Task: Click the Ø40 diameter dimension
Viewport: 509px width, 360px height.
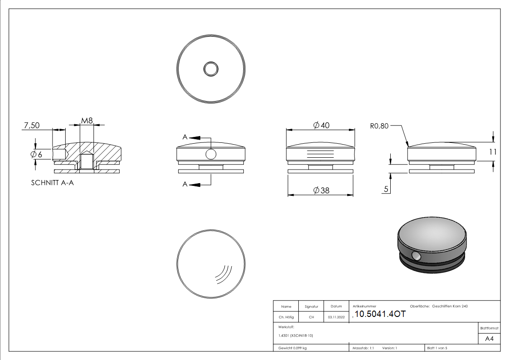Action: click(x=321, y=125)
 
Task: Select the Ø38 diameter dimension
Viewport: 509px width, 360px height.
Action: click(x=321, y=190)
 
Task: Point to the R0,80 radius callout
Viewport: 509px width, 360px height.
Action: click(x=379, y=126)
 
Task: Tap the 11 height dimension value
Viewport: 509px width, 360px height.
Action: click(x=493, y=152)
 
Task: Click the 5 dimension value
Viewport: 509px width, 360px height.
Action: click(x=386, y=189)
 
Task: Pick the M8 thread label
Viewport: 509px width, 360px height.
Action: click(x=87, y=121)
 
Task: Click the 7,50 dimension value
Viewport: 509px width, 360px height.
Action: click(x=31, y=126)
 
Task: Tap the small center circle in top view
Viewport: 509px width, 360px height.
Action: click(x=211, y=69)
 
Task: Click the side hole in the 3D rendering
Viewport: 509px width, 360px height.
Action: click(x=416, y=257)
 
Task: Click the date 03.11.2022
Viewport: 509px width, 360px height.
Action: click(x=336, y=317)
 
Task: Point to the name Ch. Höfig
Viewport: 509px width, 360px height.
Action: click(x=286, y=317)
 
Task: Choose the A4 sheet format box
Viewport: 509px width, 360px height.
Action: click(x=489, y=338)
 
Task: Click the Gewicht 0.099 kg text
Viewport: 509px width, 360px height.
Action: click(x=292, y=348)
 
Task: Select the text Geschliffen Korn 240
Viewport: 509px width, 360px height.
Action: click(x=450, y=306)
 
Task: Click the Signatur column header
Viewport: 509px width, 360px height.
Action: click(x=311, y=307)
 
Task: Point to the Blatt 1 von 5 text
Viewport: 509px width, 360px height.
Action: click(x=437, y=348)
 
